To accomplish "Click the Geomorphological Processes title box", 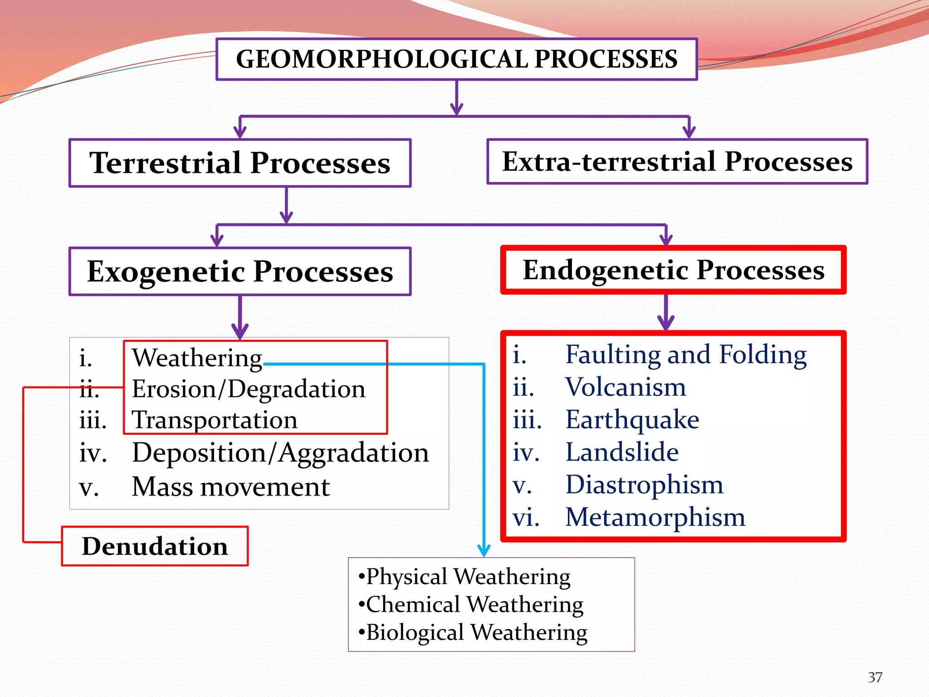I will click(456, 59).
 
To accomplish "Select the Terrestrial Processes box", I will click(240, 163).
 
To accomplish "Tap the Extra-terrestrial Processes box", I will click(677, 162).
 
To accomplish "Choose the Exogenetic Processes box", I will click(240, 271).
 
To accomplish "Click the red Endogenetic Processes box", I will click(673, 270).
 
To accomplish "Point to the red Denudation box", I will click(155, 546).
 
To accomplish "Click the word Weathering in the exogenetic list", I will click(197, 358).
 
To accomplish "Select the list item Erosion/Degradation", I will click(248, 389).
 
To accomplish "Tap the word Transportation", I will click(214, 420).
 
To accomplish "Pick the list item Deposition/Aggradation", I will click(280, 453).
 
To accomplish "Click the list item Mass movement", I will click(230, 487).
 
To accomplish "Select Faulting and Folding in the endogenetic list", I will click(685, 354).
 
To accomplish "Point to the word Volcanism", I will click(626, 387).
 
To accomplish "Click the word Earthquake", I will click(632, 419).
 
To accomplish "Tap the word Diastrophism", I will click(644, 485).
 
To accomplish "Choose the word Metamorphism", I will click(655, 517).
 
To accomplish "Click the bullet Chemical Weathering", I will click(474, 604).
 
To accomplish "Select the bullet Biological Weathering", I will click(476, 632).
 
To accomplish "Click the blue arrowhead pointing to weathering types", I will click(484, 550).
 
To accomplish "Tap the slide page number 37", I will click(875, 677).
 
